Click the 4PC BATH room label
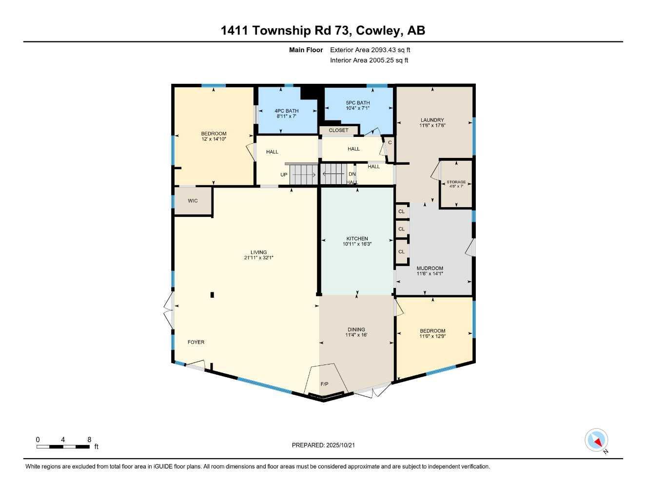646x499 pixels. point(287,111)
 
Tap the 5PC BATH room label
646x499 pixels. point(358,103)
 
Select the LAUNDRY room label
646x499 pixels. point(432,120)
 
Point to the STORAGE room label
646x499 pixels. point(456,182)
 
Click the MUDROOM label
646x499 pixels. point(430,269)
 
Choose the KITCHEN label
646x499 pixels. point(357,239)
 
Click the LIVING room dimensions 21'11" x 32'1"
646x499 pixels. point(259,258)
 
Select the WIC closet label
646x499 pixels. point(193,201)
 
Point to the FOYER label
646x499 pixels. point(196,342)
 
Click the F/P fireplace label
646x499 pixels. point(324,384)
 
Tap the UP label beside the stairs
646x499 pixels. point(284,174)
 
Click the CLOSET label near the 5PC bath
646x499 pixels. point(338,130)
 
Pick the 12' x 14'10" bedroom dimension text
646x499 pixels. point(214,139)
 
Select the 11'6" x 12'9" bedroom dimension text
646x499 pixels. point(432,336)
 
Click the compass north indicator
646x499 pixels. point(597,441)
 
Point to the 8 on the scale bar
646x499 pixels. point(89,440)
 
